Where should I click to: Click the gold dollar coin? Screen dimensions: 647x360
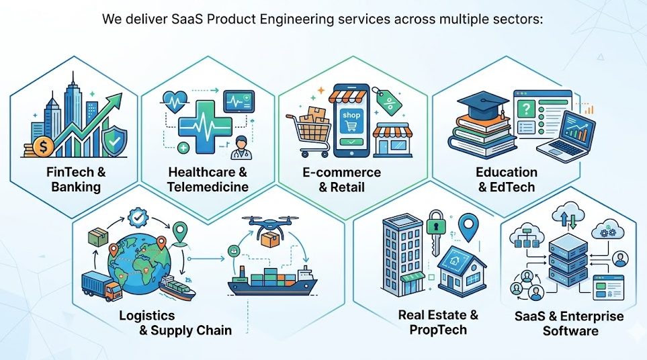43,147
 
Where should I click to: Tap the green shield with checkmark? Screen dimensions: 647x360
114,141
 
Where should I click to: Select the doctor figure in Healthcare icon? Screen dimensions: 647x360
239,148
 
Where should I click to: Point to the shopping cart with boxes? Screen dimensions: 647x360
308,132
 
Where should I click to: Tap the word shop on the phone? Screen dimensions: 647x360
351,115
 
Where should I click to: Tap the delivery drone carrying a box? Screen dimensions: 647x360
270,230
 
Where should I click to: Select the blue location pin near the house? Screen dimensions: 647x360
469,227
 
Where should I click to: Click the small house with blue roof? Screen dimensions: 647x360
462,270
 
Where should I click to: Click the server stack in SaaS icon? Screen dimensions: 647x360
568,260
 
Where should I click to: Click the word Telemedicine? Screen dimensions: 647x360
208,187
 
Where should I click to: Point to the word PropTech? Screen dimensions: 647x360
438,330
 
